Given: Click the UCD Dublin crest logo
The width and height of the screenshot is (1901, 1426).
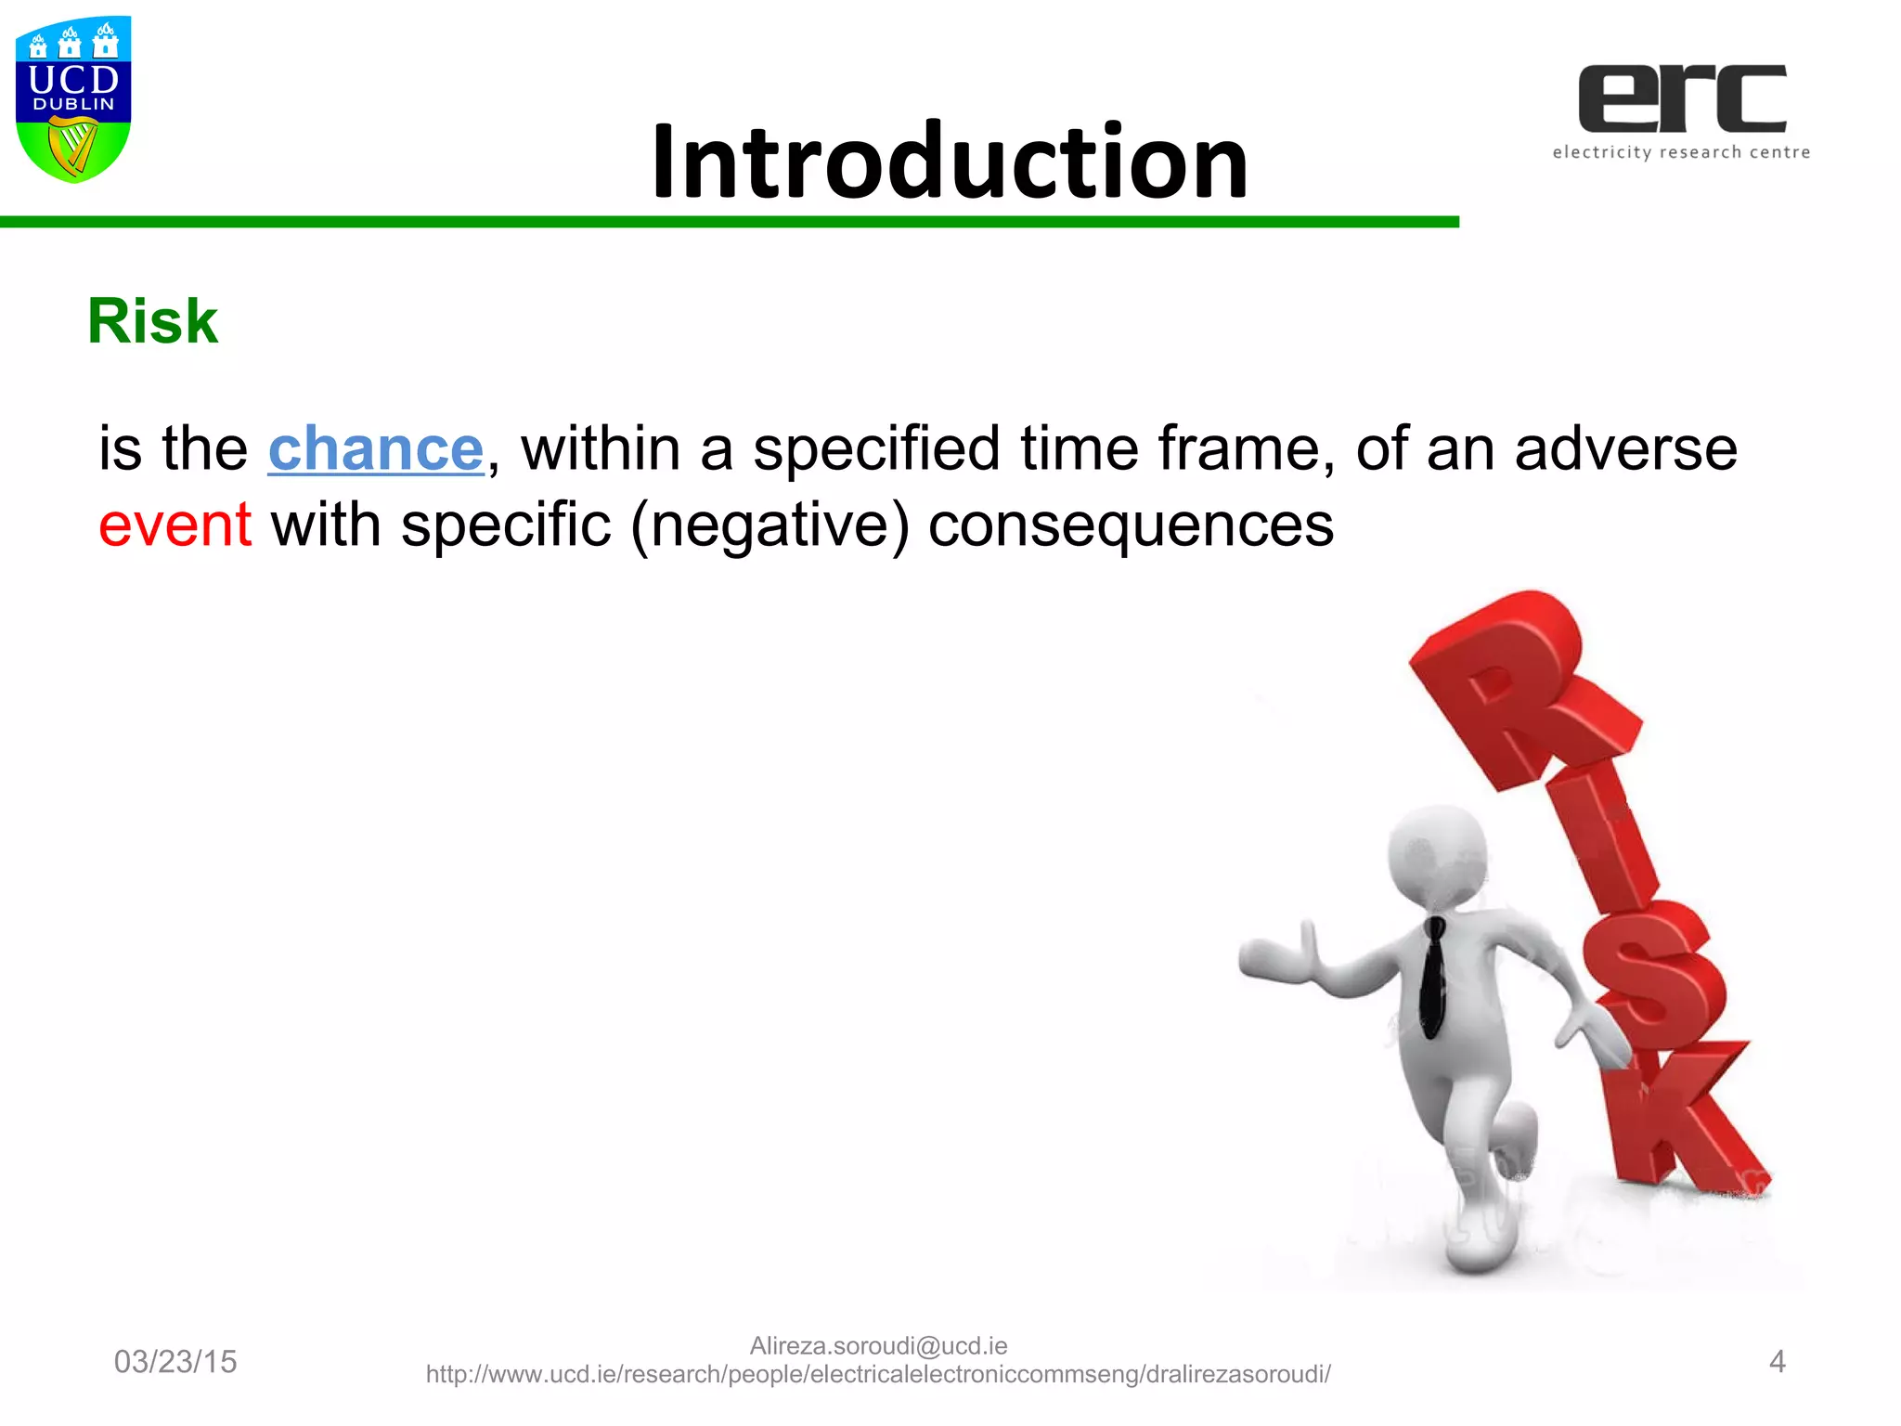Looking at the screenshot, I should [73, 97].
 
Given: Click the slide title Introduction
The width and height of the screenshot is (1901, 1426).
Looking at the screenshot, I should [950, 162].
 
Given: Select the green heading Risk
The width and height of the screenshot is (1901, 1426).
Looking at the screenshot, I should [152, 321].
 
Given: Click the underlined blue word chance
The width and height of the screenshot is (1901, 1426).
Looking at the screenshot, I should [375, 449].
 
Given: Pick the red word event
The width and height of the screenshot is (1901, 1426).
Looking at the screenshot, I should [175, 525].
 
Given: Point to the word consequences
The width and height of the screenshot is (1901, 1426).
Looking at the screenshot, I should [1131, 525].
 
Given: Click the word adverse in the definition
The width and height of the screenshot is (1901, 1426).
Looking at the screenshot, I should [1625, 449].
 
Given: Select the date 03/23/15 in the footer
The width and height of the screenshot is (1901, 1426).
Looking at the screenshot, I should [175, 1361].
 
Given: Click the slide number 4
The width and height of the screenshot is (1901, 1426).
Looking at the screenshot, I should [1777, 1361].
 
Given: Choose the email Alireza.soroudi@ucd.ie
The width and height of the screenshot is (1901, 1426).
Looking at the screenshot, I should [878, 1345].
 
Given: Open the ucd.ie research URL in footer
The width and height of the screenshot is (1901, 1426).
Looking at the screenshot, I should [878, 1375].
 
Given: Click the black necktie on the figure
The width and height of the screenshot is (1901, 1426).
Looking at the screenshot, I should [1433, 975].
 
